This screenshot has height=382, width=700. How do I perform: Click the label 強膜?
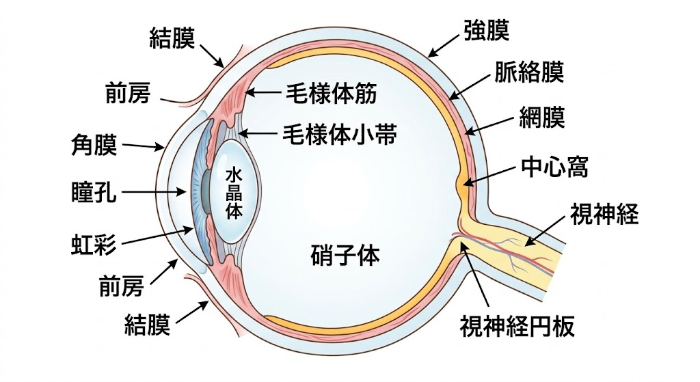486,31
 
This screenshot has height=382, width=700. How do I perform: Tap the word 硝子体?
345,256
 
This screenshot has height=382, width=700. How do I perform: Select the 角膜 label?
94,145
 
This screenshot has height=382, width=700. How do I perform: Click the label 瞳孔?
94,193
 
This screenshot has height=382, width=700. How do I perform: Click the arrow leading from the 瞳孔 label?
157,193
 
